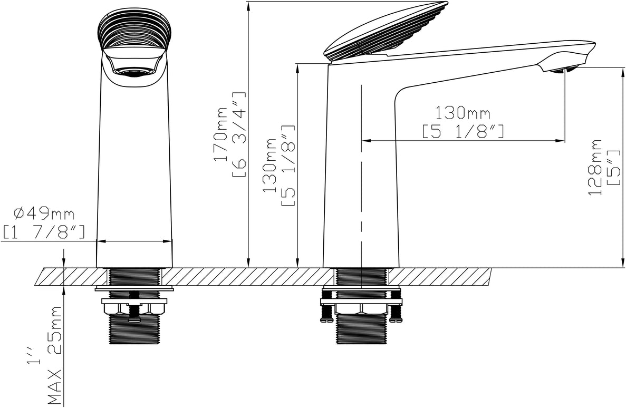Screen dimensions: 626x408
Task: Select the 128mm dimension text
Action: coord(595,167)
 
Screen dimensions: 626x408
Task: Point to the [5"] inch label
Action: coord(613,167)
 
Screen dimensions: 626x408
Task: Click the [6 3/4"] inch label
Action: coord(238,134)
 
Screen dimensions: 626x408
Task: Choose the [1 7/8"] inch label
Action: coord(44,232)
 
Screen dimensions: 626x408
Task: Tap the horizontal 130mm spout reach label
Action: coord(463,113)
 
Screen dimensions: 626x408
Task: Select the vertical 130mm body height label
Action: coord(269,166)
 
